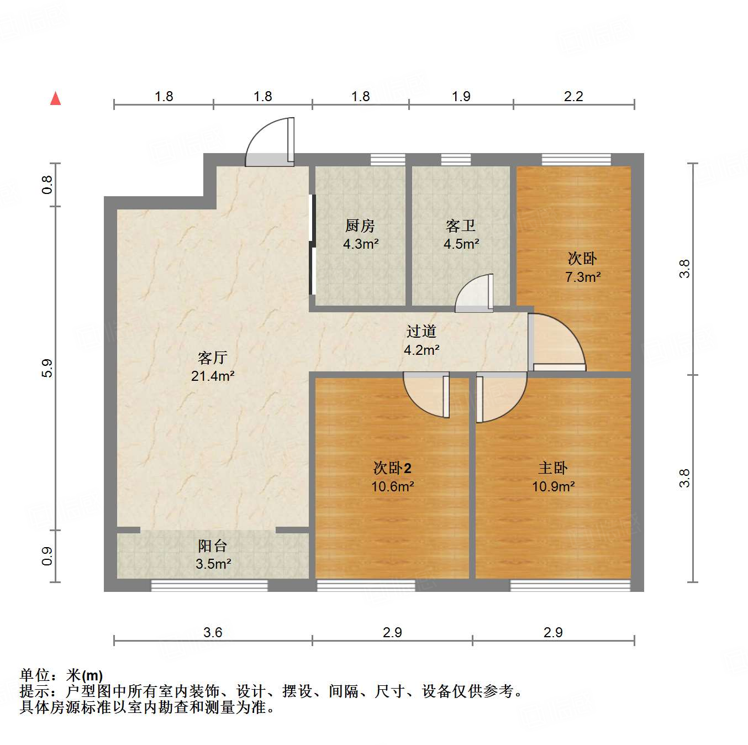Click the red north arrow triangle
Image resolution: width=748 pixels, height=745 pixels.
click(x=55, y=99)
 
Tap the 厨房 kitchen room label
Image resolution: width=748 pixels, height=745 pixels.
click(x=360, y=225)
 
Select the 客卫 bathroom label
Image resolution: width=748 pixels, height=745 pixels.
click(x=461, y=225)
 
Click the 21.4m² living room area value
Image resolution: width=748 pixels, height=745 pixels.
click(x=213, y=376)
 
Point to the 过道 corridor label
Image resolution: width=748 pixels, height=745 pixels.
click(x=422, y=331)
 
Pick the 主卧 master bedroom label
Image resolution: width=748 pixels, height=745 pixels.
click(x=553, y=468)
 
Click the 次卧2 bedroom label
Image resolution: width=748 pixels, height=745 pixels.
click(x=392, y=468)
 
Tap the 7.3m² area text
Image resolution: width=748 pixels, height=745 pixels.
click(x=583, y=277)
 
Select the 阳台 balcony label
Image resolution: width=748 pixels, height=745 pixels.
click(x=213, y=546)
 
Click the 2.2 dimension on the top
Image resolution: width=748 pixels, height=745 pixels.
click(x=573, y=96)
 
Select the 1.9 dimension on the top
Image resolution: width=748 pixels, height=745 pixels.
click(x=461, y=96)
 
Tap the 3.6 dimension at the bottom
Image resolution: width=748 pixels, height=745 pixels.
click(x=213, y=632)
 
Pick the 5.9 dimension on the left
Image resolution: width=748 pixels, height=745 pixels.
click(x=48, y=368)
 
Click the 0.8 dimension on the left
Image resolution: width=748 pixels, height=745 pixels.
click(x=48, y=184)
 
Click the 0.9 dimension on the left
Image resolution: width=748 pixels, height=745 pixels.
click(x=48, y=555)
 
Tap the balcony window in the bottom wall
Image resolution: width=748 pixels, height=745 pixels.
click(x=209, y=585)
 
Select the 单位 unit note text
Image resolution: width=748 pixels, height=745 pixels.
click(x=61, y=675)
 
